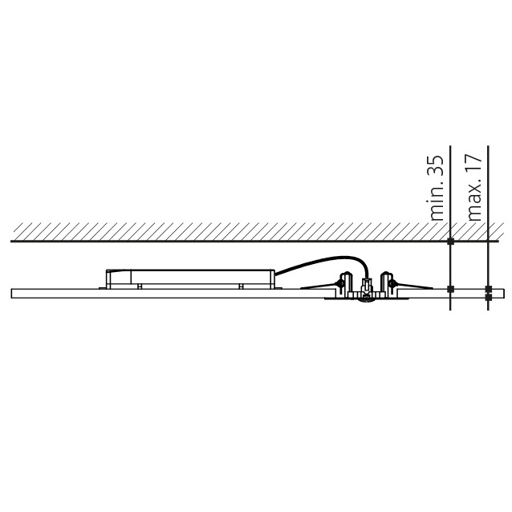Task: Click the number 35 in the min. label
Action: pyautogui.click(x=437, y=167)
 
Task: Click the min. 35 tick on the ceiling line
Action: pyautogui.click(x=451, y=242)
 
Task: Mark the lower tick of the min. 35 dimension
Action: pyautogui.click(x=451, y=289)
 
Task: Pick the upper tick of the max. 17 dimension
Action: pyautogui.click(x=489, y=289)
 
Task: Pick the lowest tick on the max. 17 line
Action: pyautogui.click(x=489, y=297)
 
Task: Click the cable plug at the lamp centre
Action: pyautogui.click(x=367, y=286)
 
